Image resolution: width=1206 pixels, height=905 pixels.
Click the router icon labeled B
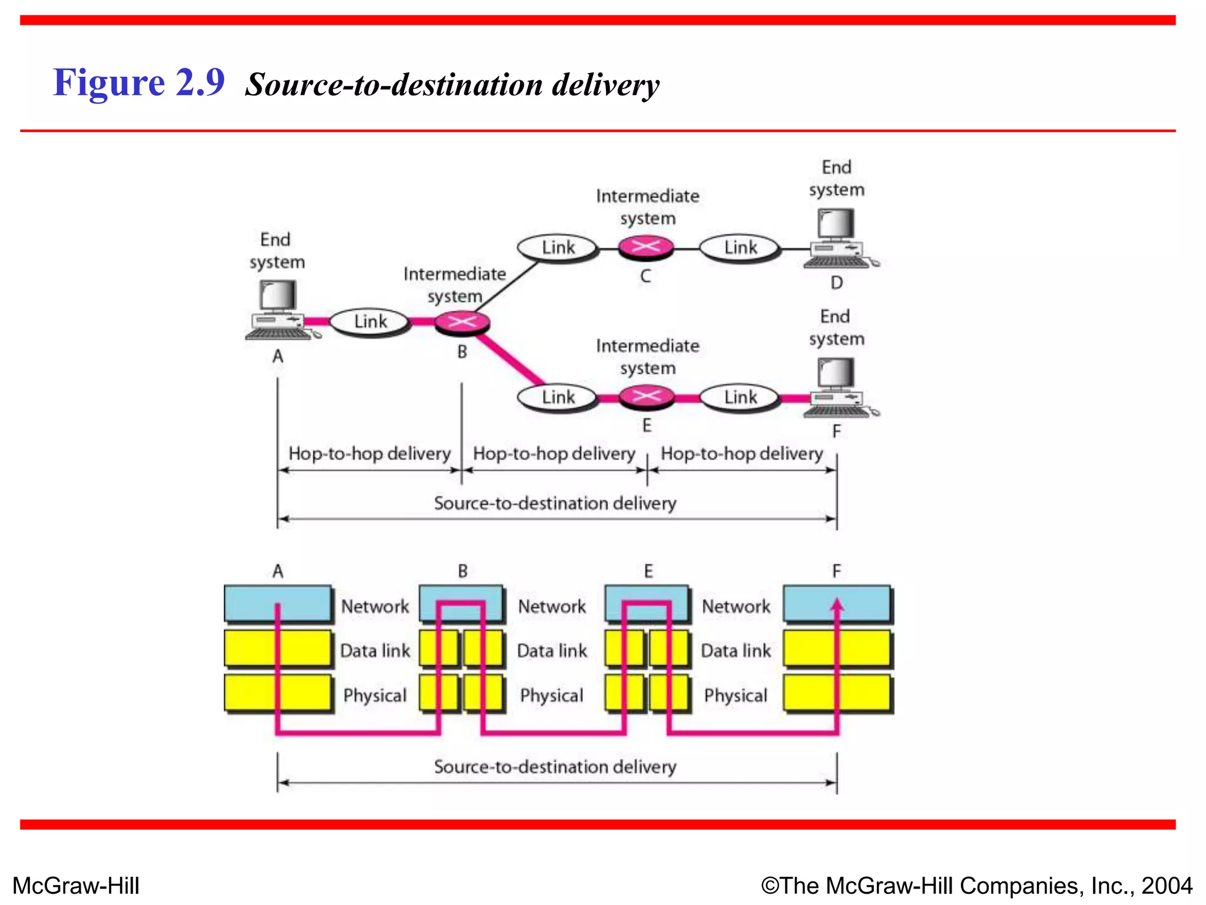[x=462, y=322]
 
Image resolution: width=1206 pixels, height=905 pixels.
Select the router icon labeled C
[x=646, y=247]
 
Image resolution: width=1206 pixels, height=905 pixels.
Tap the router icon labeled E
[x=646, y=397]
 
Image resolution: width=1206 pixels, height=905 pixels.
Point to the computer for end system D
[x=837, y=239]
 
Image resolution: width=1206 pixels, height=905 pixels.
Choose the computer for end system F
[x=837, y=388]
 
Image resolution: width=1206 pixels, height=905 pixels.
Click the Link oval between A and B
[x=370, y=322]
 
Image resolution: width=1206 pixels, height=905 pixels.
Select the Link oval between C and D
[x=740, y=247]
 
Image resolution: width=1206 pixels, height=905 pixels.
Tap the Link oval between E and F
[x=740, y=397]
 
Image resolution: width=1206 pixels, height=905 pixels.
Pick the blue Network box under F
[x=837, y=603]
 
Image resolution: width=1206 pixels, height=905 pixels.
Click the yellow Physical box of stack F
[x=837, y=693]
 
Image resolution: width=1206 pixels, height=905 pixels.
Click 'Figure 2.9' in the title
[x=139, y=82]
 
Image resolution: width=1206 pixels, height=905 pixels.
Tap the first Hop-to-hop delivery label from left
[x=369, y=454]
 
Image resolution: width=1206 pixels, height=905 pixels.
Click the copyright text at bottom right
[x=976, y=886]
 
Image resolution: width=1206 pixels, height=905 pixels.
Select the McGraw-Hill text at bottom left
[x=76, y=886]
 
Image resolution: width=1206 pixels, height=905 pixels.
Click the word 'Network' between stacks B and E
[x=552, y=606]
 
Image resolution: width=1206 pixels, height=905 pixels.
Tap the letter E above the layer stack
[x=648, y=571]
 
